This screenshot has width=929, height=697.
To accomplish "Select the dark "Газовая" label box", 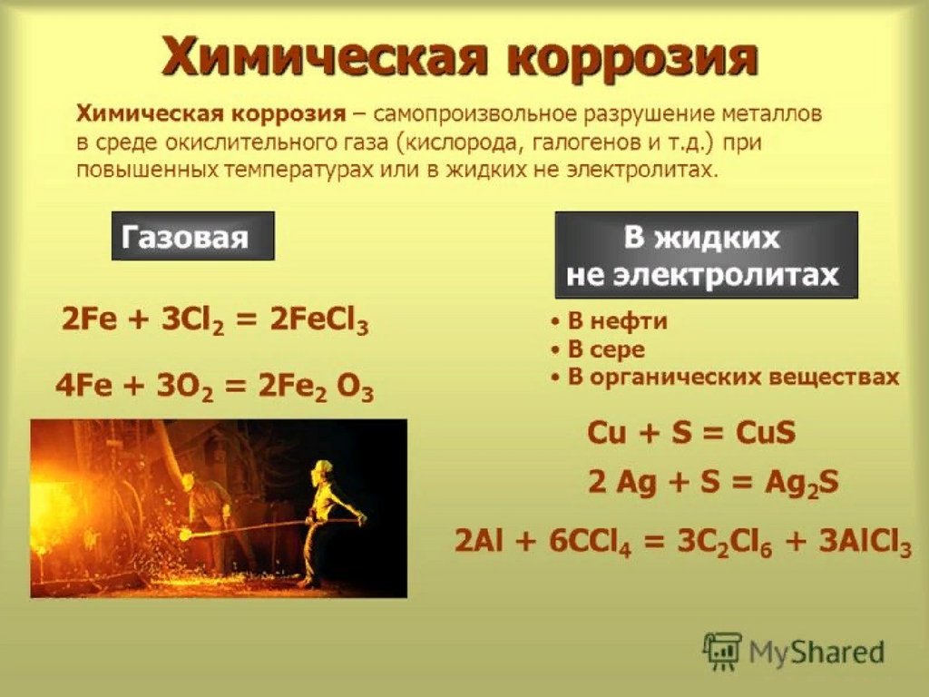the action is pyautogui.click(x=193, y=236).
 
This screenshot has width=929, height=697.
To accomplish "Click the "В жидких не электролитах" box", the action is pyautogui.click(x=706, y=255).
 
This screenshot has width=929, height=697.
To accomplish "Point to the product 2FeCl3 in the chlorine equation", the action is pyautogui.click(x=319, y=322).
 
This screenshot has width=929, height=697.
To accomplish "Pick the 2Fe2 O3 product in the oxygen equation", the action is pyautogui.click(x=316, y=388).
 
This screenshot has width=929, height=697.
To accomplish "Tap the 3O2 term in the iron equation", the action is pyautogui.click(x=185, y=388).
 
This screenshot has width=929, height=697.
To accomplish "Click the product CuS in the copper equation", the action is pyautogui.click(x=766, y=432).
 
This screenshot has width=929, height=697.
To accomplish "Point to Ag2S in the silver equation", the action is pyautogui.click(x=802, y=483).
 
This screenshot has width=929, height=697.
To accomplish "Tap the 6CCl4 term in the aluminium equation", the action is pyautogui.click(x=590, y=543).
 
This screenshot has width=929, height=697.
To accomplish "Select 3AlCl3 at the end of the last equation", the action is pyautogui.click(x=865, y=543).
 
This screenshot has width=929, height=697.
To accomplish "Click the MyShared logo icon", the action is pyautogui.click(x=721, y=651).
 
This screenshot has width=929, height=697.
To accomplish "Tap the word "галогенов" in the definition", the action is pyautogui.click(x=588, y=142).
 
